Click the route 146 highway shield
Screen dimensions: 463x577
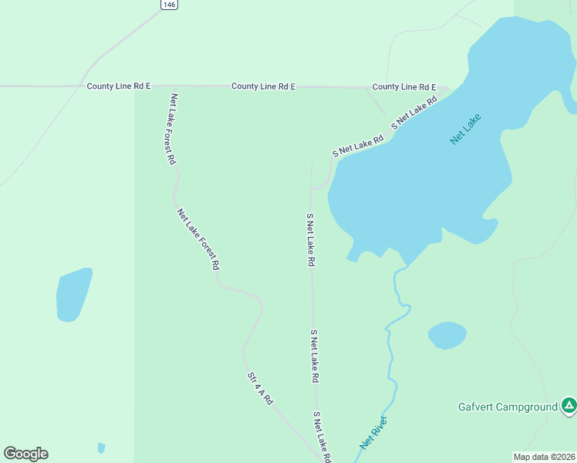(170, 5)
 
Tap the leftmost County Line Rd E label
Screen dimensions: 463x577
(118, 86)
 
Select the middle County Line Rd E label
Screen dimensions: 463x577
(263, 86)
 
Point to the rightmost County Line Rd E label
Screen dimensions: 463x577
(404, 87)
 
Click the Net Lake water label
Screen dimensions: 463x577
(466, 129)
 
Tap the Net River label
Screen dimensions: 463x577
(373, 433)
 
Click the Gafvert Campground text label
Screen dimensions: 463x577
(508, 407)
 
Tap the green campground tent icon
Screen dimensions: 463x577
(569, 405)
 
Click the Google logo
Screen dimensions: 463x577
(25, 454)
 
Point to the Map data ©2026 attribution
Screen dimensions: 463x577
(545, 456)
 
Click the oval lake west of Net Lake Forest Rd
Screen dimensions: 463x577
(73, 294)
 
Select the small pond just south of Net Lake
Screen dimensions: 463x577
(447, 336)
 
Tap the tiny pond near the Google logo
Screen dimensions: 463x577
(101, 448)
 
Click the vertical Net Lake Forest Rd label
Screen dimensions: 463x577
(173, 129)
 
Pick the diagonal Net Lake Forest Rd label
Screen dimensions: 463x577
(199, 238)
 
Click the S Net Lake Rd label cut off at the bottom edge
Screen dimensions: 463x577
(322, 438)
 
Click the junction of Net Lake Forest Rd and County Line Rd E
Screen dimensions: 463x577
(175, 86)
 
